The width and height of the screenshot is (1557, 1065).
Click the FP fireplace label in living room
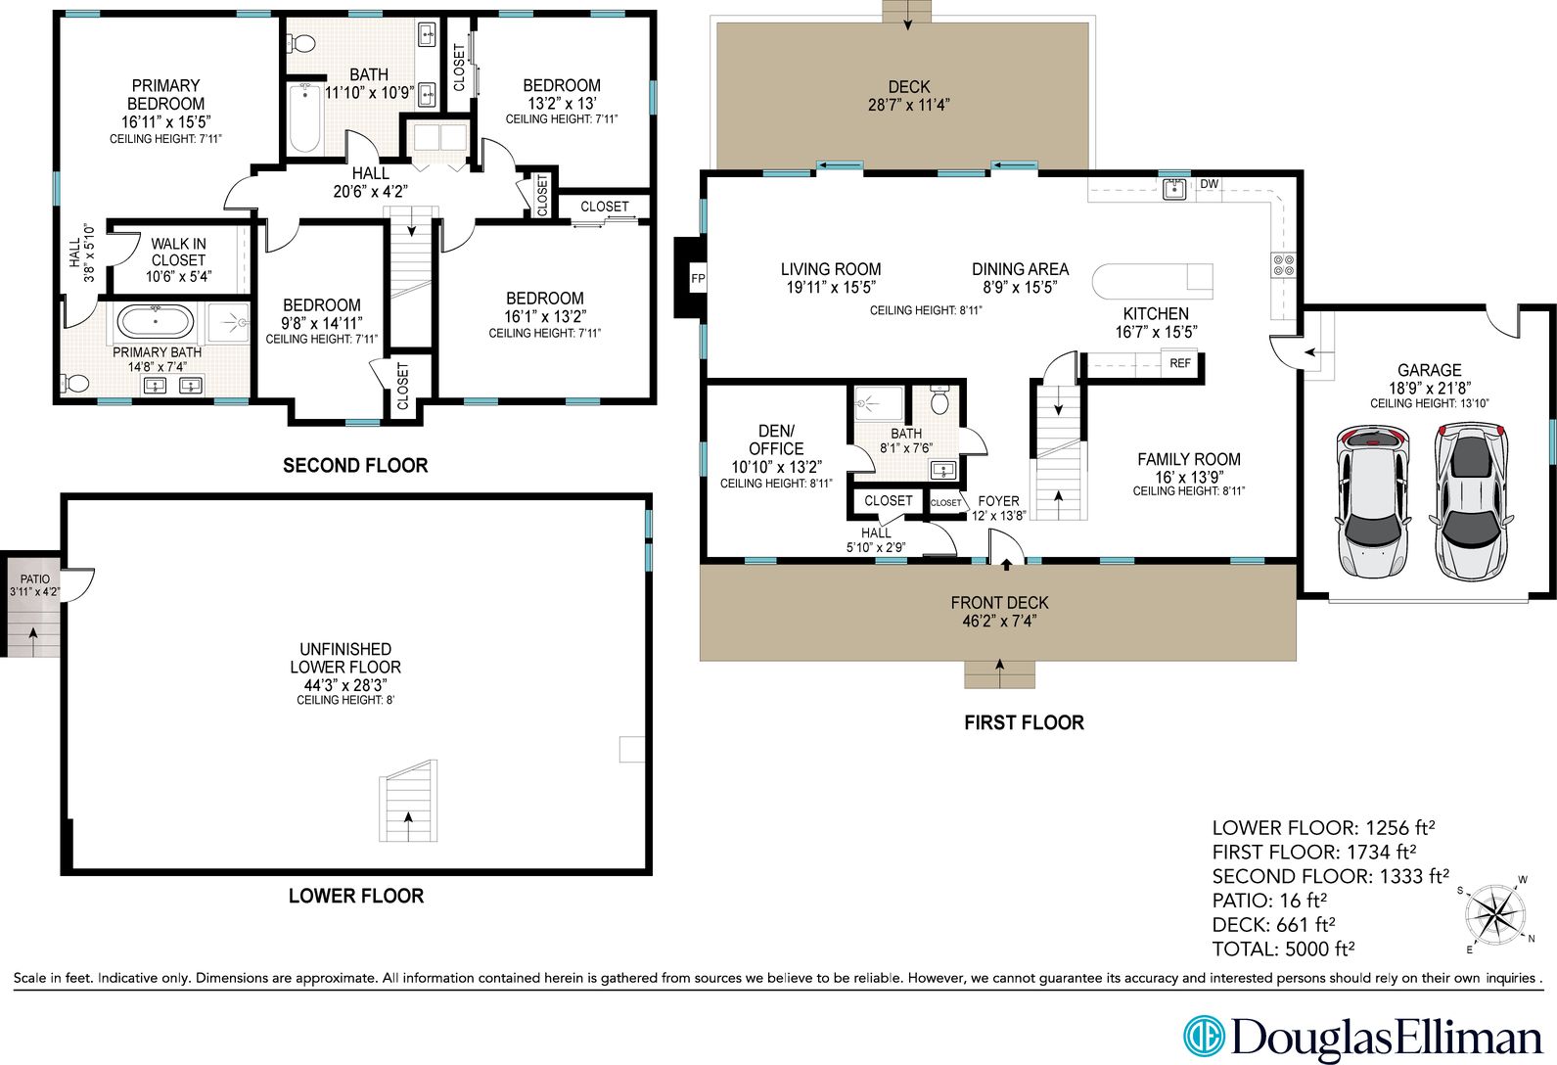(x=698, y=278)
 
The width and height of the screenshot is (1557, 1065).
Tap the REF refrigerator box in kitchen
(x=1180, y=363)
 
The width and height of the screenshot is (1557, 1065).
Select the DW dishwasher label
(x=1210, y=184)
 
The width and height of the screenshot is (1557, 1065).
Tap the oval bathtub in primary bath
(x=156, y=321)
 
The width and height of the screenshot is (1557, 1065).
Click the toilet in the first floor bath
(x=939, y=401)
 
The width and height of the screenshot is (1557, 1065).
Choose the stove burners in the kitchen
(x=1283, y=263)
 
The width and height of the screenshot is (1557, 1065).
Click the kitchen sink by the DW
(x=1173, y=189)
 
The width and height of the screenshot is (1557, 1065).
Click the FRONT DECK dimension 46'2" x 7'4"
(x=999, y=622)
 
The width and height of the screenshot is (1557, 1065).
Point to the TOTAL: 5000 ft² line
(x=1283, y=949)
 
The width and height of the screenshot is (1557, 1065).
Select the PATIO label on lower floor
(x=35, y=579)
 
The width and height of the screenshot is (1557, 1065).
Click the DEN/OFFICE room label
(x=776, y=440)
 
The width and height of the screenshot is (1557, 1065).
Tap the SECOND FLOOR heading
(x=355, y=466)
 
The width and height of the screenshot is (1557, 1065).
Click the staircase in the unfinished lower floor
(x=407, y=801)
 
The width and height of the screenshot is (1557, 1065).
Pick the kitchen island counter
(x=1151, y=281)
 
